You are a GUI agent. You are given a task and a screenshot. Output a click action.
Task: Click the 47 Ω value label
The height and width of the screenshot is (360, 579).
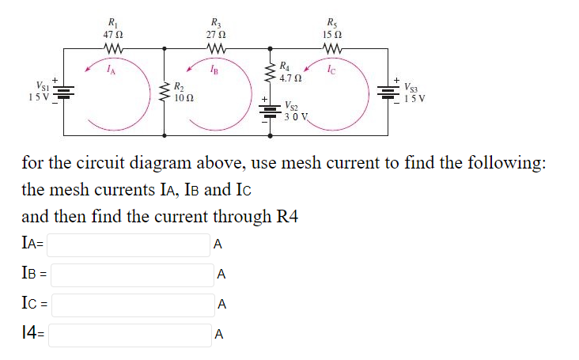coord(112,35)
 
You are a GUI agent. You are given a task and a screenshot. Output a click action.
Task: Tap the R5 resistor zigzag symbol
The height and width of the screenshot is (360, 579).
coord(333,50)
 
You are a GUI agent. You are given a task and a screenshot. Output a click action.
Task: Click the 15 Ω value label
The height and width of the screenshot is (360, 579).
coord(333,35)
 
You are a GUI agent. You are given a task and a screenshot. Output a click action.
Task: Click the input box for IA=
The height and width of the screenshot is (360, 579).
coord(129,245)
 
